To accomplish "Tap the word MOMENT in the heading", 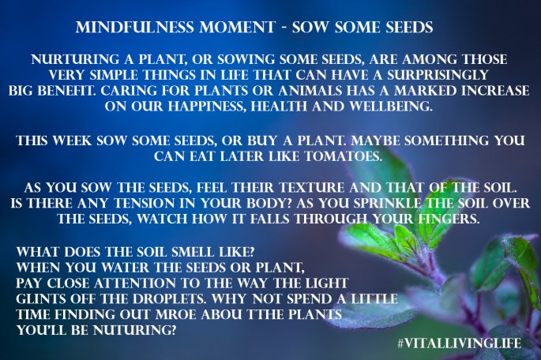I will click(223, 28).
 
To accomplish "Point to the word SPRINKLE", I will click(400, 205).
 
